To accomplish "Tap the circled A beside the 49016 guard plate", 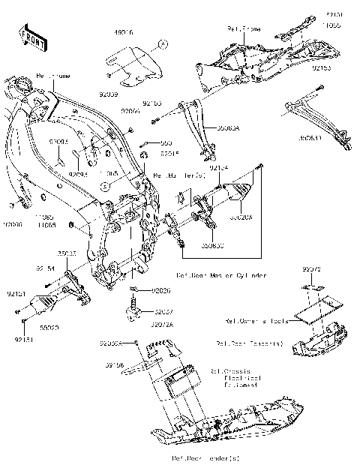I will pyautogui.click(x=160, y=45).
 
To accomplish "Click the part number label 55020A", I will pyautogui.click(x=241, y=217).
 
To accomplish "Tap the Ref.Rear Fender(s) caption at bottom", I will pyautogui.click(x=193, y=457).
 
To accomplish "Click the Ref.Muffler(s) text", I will pyautogui.click(x=179, y=175).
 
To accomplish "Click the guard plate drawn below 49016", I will pyautogui.click(x=133, y=65).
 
